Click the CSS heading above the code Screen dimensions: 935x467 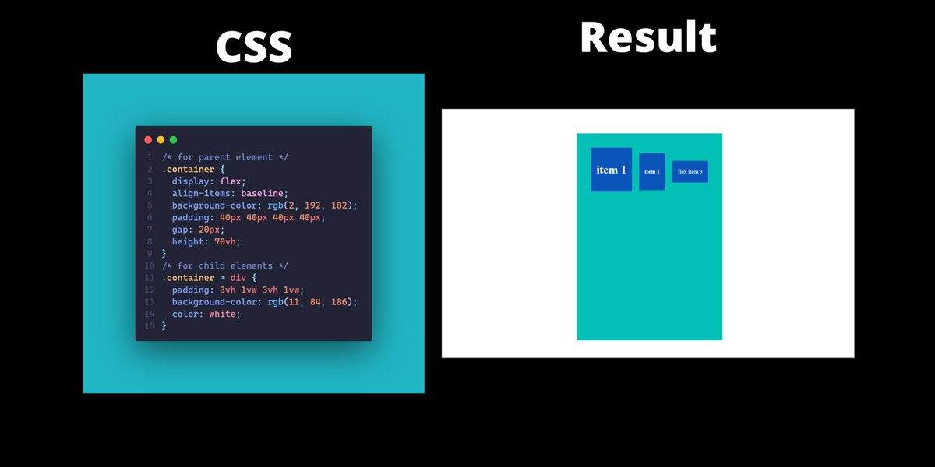253,47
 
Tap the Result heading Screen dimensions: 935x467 647,37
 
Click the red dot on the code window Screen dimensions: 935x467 148,140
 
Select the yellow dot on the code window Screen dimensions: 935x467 161,140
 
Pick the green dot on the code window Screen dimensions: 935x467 173,140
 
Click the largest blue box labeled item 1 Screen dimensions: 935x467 611,170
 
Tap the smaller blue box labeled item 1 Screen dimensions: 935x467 652,171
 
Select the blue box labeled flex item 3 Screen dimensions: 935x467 690,172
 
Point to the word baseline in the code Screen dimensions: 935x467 264,193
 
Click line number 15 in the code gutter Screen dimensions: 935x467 150,325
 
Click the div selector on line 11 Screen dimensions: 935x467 238,278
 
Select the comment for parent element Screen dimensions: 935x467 225,157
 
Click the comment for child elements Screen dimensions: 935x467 225,265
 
